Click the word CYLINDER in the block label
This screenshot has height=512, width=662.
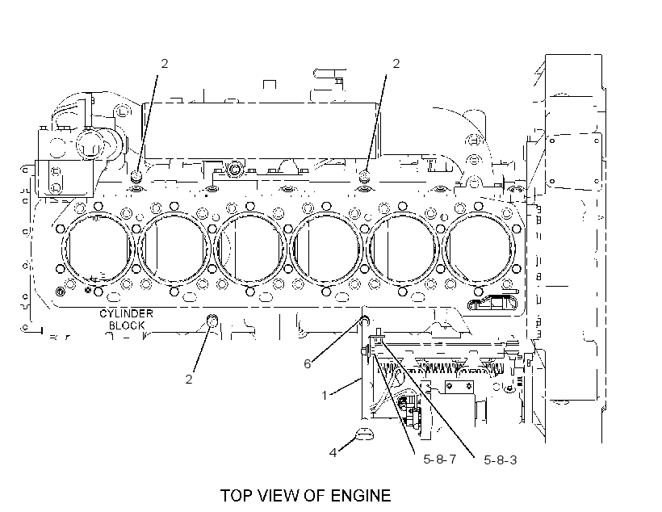(126, 313)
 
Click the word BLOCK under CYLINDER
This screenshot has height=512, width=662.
(127, 325)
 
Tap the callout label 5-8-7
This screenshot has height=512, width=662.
(440, 460)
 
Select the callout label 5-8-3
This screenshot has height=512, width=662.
(501, 460)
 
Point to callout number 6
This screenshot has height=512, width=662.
(308, 363)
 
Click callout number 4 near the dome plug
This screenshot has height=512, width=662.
(333, 453)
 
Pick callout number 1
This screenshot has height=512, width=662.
(325, 396)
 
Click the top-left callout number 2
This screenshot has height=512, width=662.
(164, 63)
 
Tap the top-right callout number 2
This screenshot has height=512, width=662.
(396, 63)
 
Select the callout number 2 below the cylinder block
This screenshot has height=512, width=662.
(189, 379)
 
